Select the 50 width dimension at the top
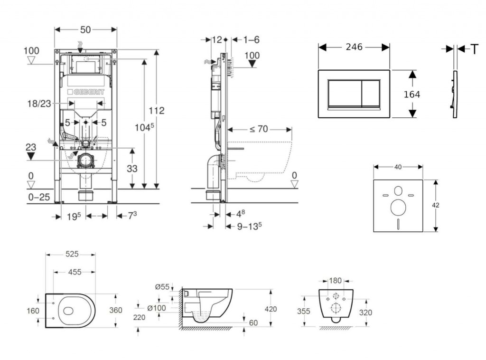85,29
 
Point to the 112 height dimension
157,110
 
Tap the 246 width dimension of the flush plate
354,47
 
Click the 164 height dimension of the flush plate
411,94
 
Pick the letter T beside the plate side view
474,49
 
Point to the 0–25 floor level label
38,197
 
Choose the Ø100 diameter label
156,308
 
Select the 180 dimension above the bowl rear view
336,280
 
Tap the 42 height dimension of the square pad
436,205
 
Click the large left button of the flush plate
345,93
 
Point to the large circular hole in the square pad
398,208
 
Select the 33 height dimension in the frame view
131,168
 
